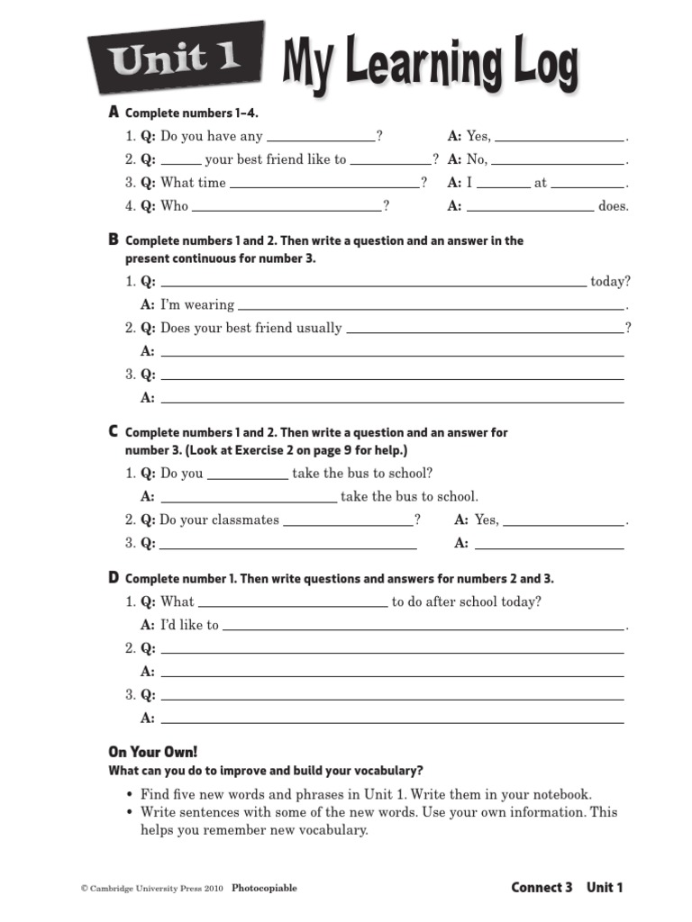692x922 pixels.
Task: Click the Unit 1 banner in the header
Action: pyautogui.click(x=176, y=59)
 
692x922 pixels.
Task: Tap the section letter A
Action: pyautogui.click(x=114, y=113)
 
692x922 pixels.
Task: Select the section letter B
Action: pyautogui.click(x=114, y=240)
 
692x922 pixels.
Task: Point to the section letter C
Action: pyautogui.click(x=114, y=432)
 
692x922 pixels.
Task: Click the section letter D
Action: pyautogui.click(x=114, y=578)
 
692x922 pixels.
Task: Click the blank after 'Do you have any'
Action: pyautogui.click(x=322, y=139)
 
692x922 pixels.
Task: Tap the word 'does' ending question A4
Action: pyautogui.click(x=613, y=206)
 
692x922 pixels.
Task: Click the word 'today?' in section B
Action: pyautogui.click(x=610, y=281)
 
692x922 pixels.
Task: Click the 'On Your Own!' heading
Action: pyautogui.click(x=152, y=752)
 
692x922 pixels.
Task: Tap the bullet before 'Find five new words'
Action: pyautogui.click(x=131, y=795)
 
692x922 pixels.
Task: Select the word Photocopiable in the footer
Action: pyautogui.click(x=264, y=889)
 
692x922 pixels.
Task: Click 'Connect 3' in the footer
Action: pyautogui.click(x=542, y=888)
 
